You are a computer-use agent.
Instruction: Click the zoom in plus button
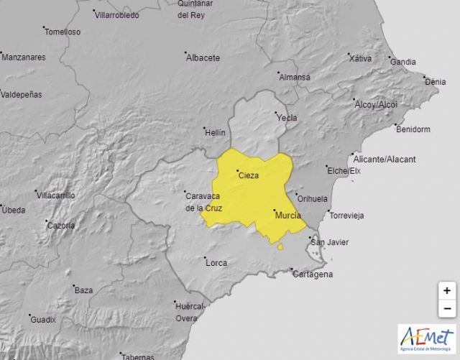pyautogui.click(x=447, y=291)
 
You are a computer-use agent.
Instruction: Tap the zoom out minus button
pyautogui.click(x=447, y=309)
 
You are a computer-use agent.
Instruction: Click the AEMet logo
pyautogui.click(x=427, y=338)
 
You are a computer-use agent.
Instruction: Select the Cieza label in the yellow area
pyautogui.click(x=248, y=175)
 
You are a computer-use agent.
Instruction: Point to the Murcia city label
pyautogui.click(x=287, y=215)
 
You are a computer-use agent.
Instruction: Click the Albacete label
pyautogui.click(x=203, y=58)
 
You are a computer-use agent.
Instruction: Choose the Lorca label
pyautogui.click(x=216, y=263)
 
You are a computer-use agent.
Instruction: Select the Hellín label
pyautogui.click(x=214, y=133)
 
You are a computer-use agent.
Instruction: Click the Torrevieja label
pyautogui.click(x=346, y=216)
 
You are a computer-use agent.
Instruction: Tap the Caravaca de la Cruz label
pyautogui.click(x=203, y=202)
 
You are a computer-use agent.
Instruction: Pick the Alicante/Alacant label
pyautogui.click(x=385, y=159)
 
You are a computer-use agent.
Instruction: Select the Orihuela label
pyautogui.click(x=313, y=198)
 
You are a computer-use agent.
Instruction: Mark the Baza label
pyautogui.click(x=83, y=290)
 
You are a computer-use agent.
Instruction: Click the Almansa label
pyautogui.click(x=294, y=78)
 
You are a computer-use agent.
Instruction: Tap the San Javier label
pyautogui.click(x=328, y=242)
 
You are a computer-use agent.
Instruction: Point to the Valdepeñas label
pyautogui.click(x=22, y=94)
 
